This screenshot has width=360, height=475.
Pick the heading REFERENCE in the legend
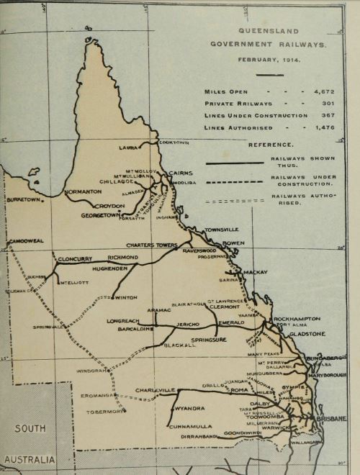[x=271, y=145]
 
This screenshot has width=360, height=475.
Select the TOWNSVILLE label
[x=220, y=229]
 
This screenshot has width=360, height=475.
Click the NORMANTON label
[x=83, y=192]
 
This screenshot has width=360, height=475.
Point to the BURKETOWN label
[x=24, y=199]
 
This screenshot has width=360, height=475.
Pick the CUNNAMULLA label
[x=191, y=426]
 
